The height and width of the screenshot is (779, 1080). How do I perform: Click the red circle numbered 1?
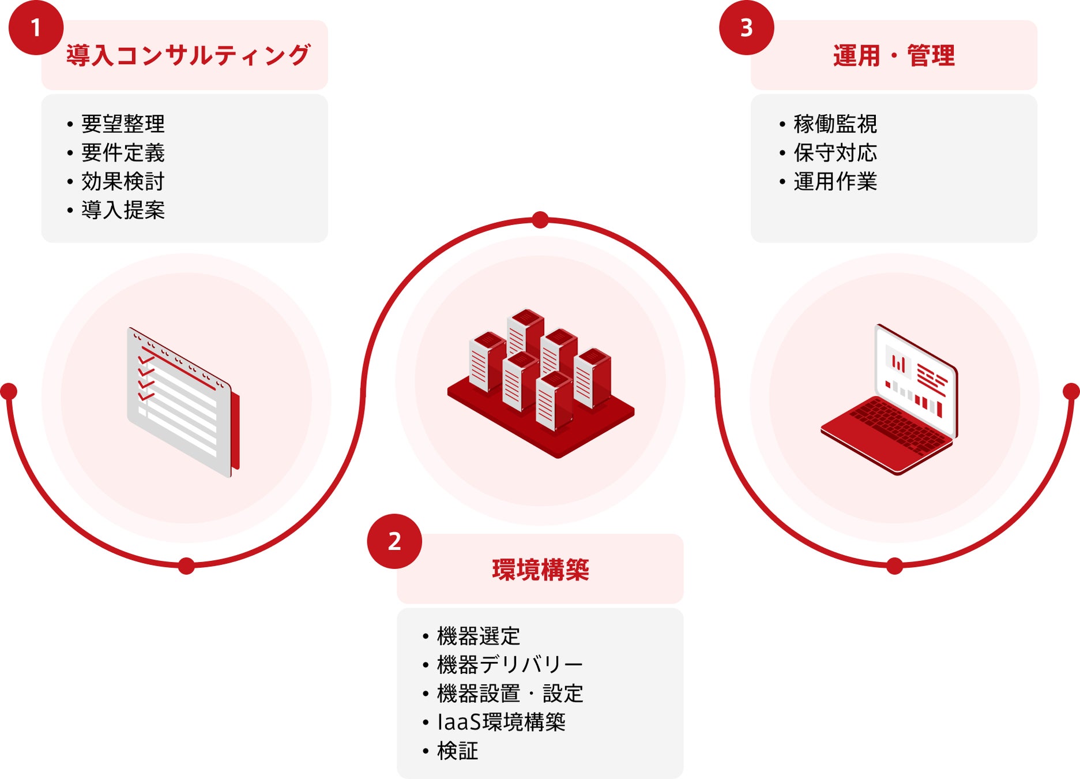[x=36, y=28]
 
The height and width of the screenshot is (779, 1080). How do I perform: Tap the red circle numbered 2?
[x=394, y=541]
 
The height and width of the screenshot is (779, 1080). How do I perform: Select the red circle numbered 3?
[x=746, y=28]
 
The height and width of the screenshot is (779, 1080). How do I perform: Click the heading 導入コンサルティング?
[x=188, y=55]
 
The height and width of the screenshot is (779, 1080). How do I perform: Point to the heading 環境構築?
[x=540, y=570]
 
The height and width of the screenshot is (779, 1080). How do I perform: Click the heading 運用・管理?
[x=894, y=56]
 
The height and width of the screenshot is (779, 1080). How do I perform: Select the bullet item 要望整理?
[x=123, y=124]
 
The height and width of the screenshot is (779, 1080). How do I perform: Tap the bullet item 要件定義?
[x=123, y=153]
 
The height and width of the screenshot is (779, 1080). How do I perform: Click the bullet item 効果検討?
[x=123, y=182]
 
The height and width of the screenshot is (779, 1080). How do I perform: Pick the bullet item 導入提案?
[x=123, y=210]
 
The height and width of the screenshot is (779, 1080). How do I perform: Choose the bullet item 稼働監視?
[x=835, y=124]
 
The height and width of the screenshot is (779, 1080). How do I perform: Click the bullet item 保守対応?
[x=835, y=153]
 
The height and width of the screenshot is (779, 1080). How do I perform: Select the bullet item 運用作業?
[x=835, y=182]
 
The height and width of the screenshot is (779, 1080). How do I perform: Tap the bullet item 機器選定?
[x=479, y=636]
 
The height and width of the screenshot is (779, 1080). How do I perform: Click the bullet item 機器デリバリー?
[x=510, y=665]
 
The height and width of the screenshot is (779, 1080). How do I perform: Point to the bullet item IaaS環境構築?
[x=501, y=722]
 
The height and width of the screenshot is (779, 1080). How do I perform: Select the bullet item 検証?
[x=458, y=751]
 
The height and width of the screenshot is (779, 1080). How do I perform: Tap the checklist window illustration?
[x=183, y=402]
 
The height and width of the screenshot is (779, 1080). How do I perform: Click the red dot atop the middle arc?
[x=540, y=220]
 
